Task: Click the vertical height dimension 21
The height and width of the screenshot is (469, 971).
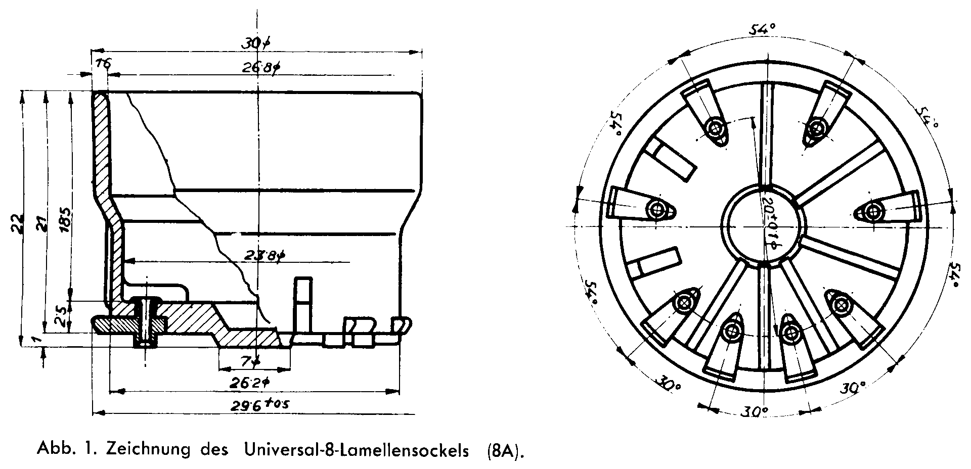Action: pos(42,222)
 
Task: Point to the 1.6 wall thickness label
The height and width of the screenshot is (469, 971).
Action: pos(102,63)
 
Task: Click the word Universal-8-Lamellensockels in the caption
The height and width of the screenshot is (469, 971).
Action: pos(357,450)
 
